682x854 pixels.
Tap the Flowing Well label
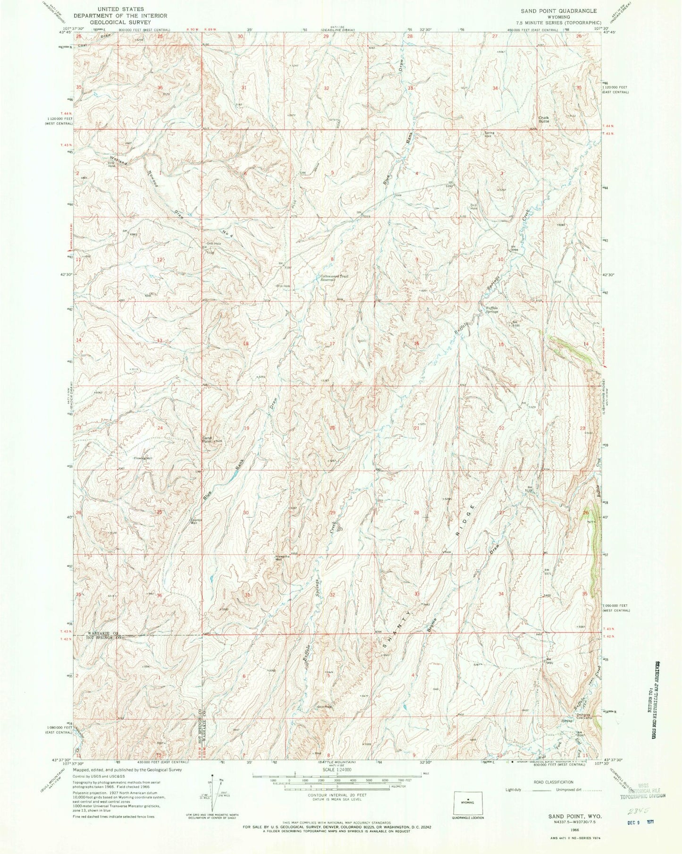[143, 458]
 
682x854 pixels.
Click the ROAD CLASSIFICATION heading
[550, 782]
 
